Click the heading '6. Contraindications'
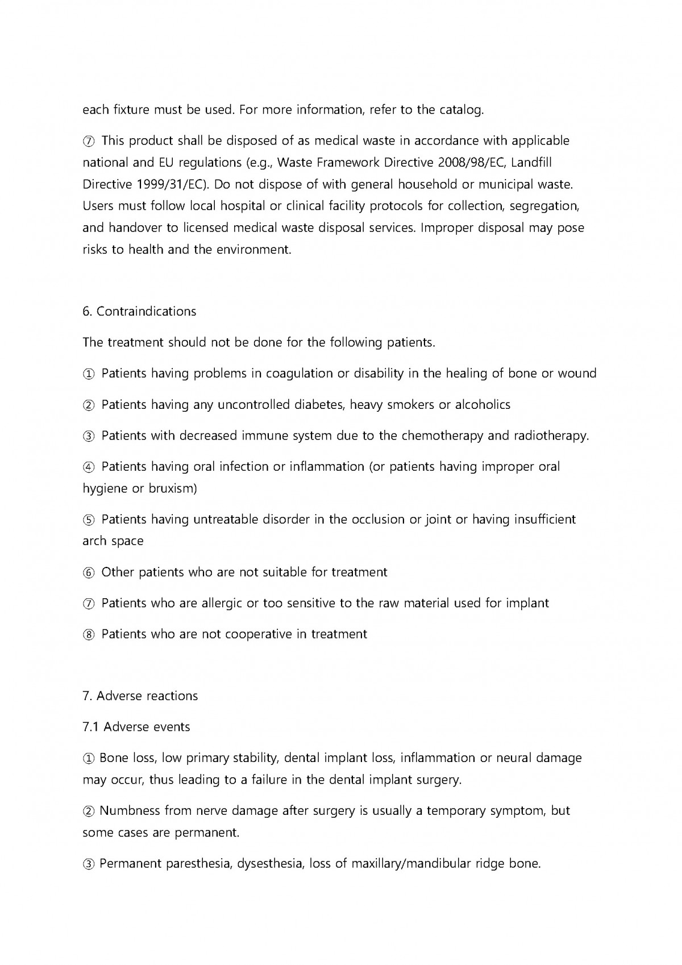(139, 312)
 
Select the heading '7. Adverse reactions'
(140, 696)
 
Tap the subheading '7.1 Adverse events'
(136, 727)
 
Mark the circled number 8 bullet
(89, 634)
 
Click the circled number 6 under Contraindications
(89, 572)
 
